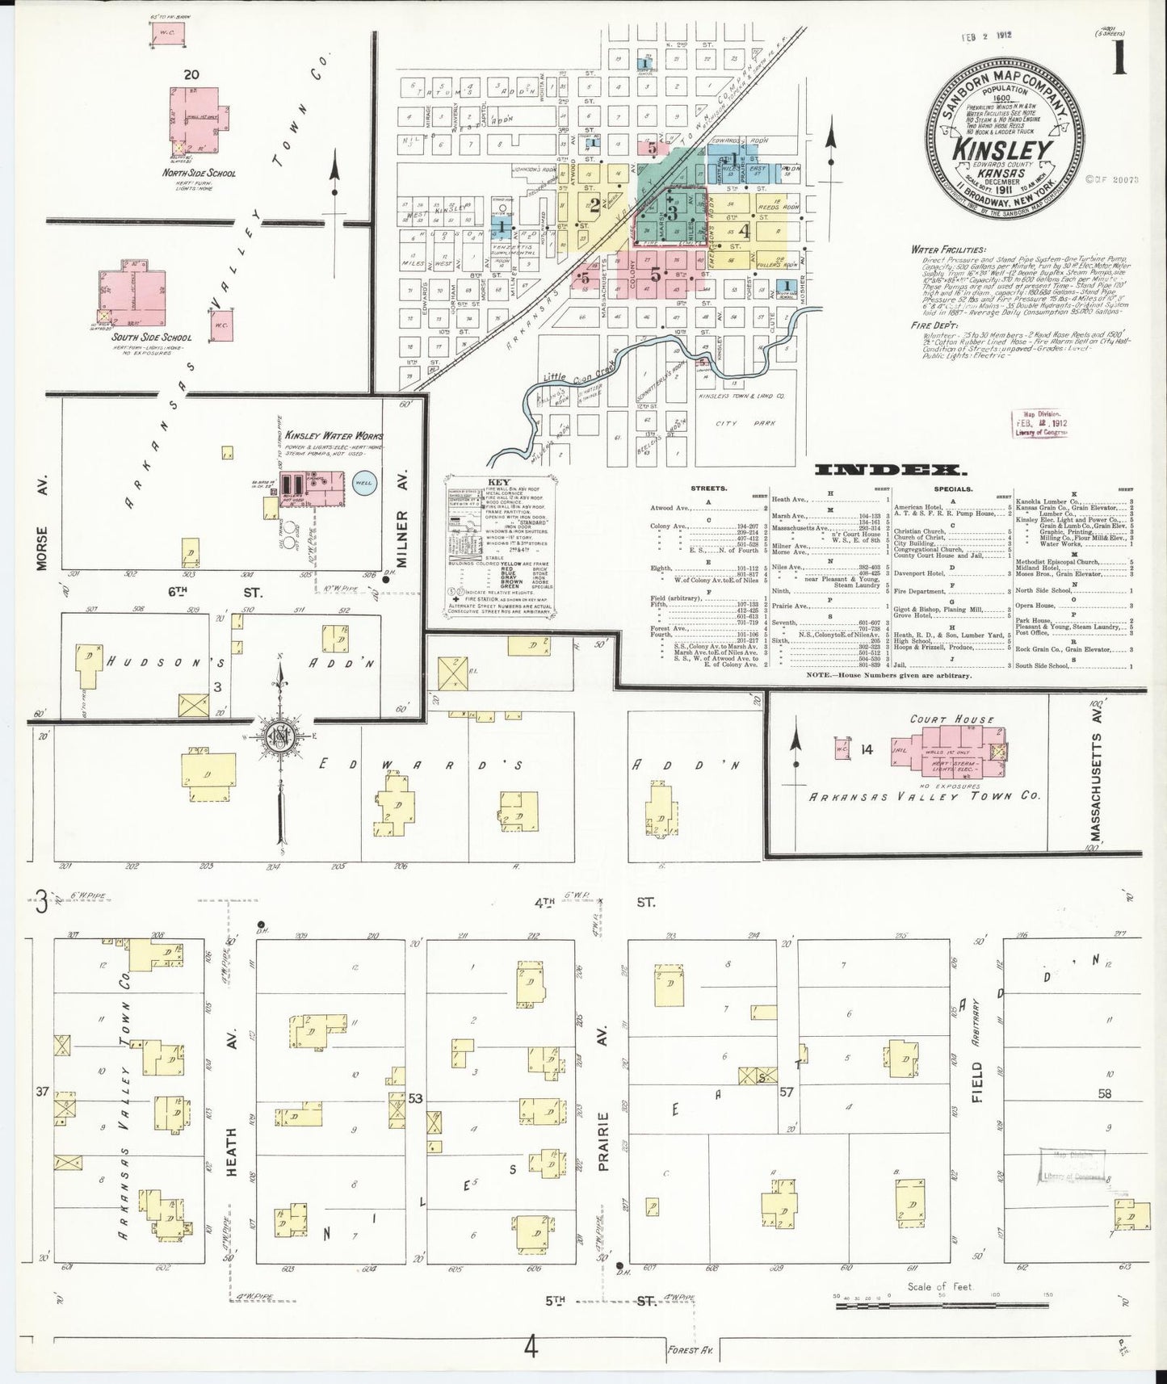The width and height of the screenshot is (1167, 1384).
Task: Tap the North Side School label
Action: [198, 173]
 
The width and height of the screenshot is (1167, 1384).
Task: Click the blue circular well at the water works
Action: [364, 484]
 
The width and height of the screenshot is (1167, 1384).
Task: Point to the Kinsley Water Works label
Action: [332, 436]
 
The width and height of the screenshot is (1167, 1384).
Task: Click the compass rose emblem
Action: [279, 736]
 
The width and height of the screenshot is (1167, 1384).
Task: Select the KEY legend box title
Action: [494, 482]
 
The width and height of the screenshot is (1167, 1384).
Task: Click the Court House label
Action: [941, 719]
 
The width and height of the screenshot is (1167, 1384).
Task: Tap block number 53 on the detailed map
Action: [416, 1098]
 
